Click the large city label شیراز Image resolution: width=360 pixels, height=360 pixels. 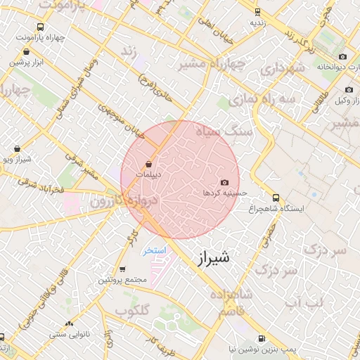point(210,258)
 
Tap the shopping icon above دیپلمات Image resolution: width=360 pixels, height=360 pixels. point(148,163)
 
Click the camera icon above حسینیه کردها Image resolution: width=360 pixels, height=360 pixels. point(224,182)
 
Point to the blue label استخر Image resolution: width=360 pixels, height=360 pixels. point(153,250)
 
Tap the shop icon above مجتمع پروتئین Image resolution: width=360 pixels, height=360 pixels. point(122,270)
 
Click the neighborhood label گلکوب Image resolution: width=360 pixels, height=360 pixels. point(132,310)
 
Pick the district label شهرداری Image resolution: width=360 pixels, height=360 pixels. point(282,68)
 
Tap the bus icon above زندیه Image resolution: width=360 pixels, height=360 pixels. point(257,12)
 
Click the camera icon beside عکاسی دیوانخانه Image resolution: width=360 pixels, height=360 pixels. point(342,57)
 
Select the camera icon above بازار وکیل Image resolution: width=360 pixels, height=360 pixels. point(349,90)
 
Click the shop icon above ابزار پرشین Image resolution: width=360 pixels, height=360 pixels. point(27,51)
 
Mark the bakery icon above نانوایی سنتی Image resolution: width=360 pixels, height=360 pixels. point(69,323)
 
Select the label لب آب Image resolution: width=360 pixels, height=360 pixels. point(303,302)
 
